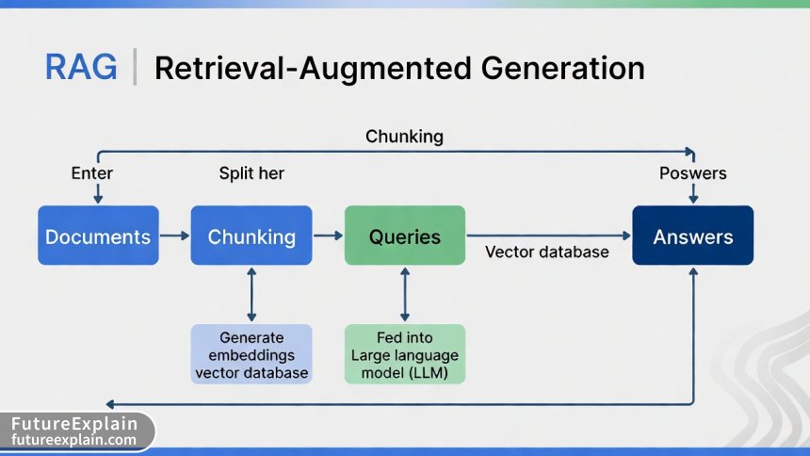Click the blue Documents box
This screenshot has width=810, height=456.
(x=98, y=236)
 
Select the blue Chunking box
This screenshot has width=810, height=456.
(x=251, y=236)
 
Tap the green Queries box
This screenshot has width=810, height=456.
(x=405, y=235)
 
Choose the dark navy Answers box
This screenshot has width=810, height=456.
(x=693, y=236)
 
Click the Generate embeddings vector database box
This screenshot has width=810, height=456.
(x=251, y=353)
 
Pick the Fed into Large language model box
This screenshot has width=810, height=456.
(x=405, y=353)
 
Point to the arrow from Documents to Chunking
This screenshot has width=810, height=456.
(x=174, y=236)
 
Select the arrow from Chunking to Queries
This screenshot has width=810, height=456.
(x=328, y=236)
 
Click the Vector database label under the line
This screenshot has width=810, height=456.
(x=547, y=252)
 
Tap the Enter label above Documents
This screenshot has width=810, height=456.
(x=92, y=173)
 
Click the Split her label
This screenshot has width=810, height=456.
(x=251, y=173)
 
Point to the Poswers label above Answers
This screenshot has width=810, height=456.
(x=693, y=173)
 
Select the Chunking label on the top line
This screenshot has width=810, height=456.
(x=404, y=137)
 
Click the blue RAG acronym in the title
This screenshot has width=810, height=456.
(x=81, y=68)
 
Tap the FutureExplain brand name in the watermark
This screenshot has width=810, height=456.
(x=74, y=424)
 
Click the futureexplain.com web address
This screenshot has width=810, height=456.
(x=74, y=440)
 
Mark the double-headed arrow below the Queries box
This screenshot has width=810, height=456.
(x=405, y=294)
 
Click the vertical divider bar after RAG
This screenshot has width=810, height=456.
(x=136, y=68)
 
